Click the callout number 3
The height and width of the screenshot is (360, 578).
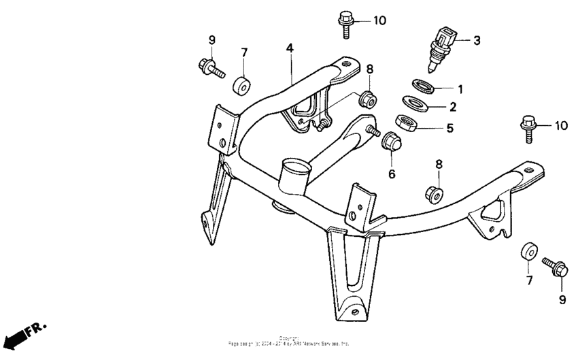[477, 40]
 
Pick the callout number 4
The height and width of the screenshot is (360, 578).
[289, 48]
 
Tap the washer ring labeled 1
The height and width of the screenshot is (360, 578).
[424, 86]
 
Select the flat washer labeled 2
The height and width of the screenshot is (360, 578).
[415, 103]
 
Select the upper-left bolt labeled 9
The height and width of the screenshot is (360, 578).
[209, 67]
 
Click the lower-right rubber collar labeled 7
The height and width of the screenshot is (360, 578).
[528, 250]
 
